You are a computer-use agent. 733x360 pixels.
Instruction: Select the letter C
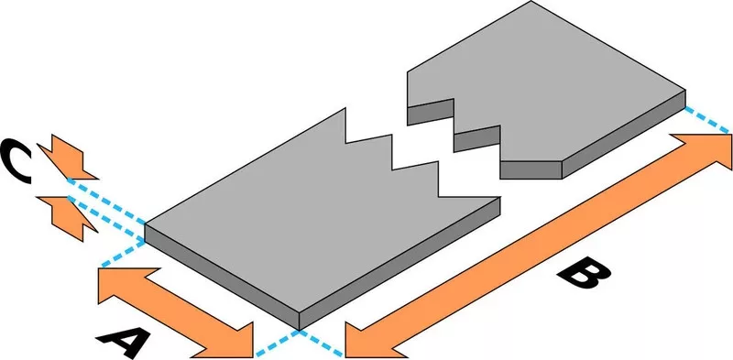(x=15, y=160)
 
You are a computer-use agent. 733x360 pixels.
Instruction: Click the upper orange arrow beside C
(x=67, y=158)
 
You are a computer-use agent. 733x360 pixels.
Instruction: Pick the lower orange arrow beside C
(x=67, y=217)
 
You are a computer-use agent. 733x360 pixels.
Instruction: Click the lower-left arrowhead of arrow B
(x=369, y=338)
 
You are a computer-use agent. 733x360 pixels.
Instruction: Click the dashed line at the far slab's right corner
(x=706, y=120)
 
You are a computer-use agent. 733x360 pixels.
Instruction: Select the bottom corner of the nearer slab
(x=299, y=330)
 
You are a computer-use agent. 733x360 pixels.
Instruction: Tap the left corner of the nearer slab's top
(x=145, y=225)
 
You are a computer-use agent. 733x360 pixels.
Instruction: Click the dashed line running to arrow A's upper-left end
(x=123, y=254)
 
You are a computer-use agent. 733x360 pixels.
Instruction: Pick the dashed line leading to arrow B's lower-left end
(x=322, y=344)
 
